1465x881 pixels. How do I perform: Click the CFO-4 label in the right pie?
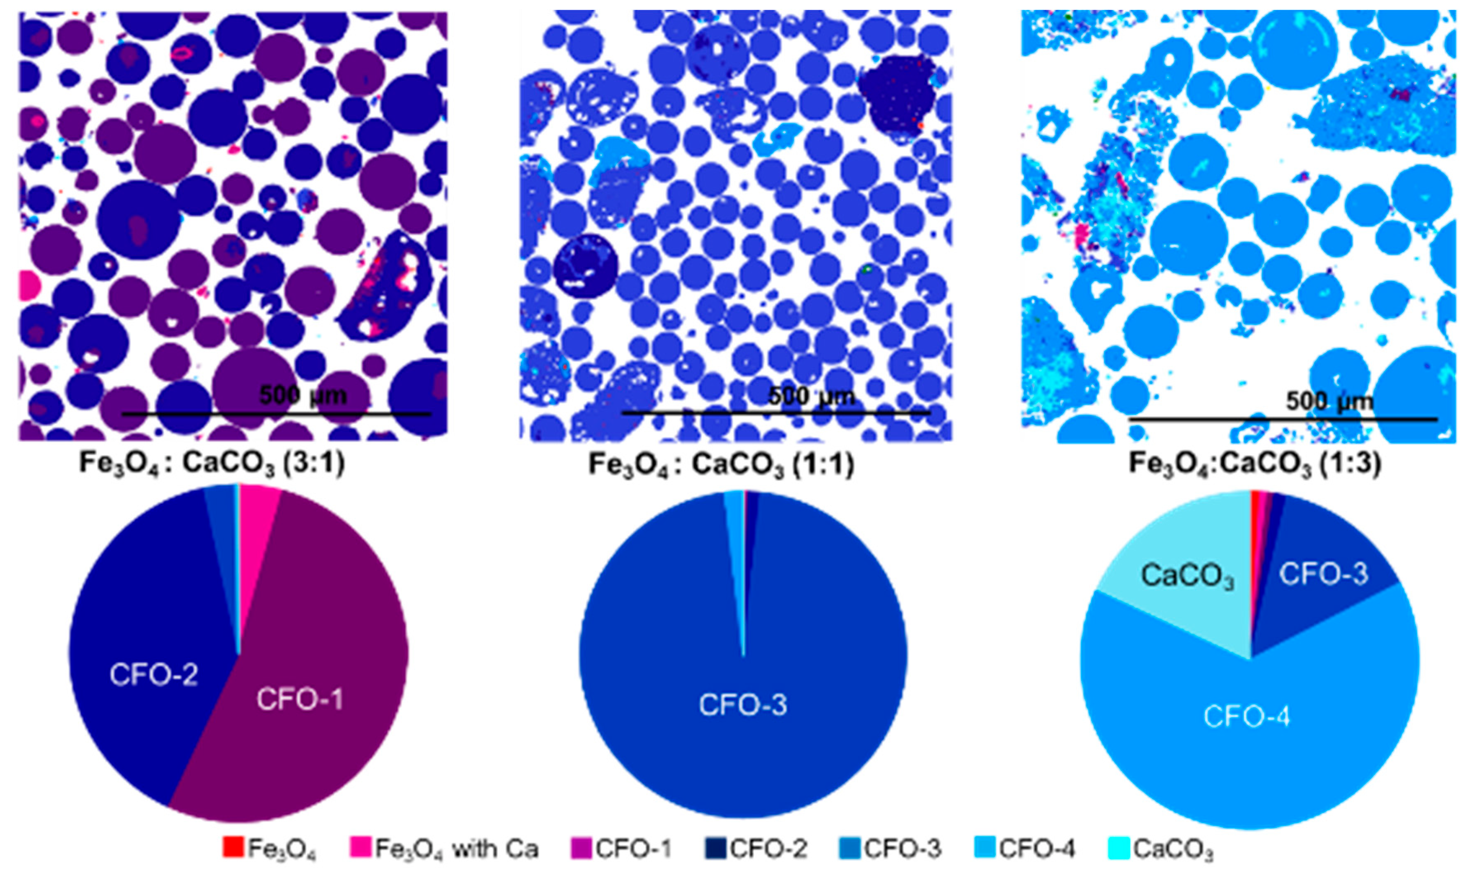pos(1246,716)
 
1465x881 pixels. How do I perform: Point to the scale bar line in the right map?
pos(1282,419)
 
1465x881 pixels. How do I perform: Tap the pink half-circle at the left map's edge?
pos(29,285)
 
